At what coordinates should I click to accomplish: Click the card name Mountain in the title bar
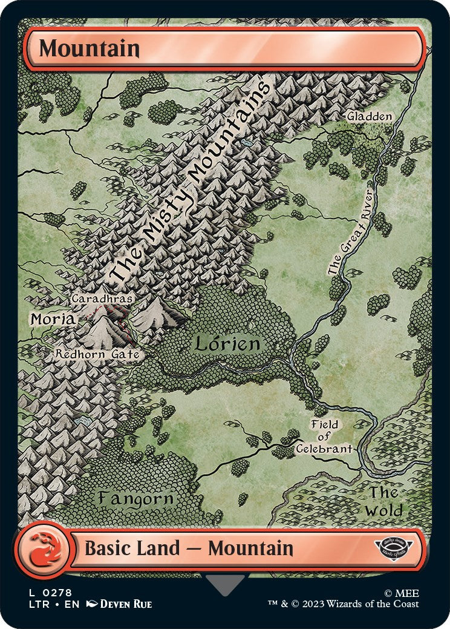click(x=90, y=48)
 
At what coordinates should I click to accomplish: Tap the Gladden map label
click(x=370, y=116)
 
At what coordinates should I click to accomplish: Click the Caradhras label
click(x=102, y=298)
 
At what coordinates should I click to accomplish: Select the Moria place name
click(x=54, y=318)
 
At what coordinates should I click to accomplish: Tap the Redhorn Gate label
click(x=98, y=354)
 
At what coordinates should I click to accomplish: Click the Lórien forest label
click(x=227, y=344)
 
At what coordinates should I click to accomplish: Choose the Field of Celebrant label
click(x=324, y=436)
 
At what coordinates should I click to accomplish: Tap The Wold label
click(x=384, y=501)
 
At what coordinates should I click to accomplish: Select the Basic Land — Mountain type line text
click(x=189, y=548)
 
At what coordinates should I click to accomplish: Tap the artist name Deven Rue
click(x=125, y=604)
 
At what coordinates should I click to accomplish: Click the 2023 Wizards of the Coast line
click(x=344, y=604)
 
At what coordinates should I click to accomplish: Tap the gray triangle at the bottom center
click(x=225, y=584)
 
